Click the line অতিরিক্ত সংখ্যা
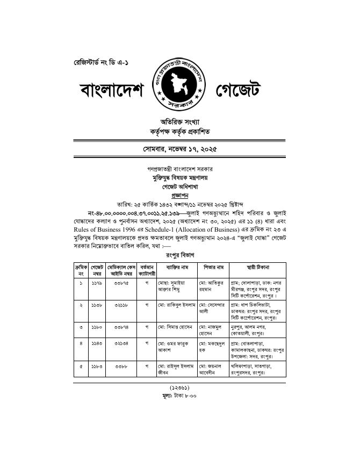[x=179, y=121]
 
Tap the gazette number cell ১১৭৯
[x=97, y=282]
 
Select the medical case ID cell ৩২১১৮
[x=121, y=304]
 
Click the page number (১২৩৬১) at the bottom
[x=179, y=387]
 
